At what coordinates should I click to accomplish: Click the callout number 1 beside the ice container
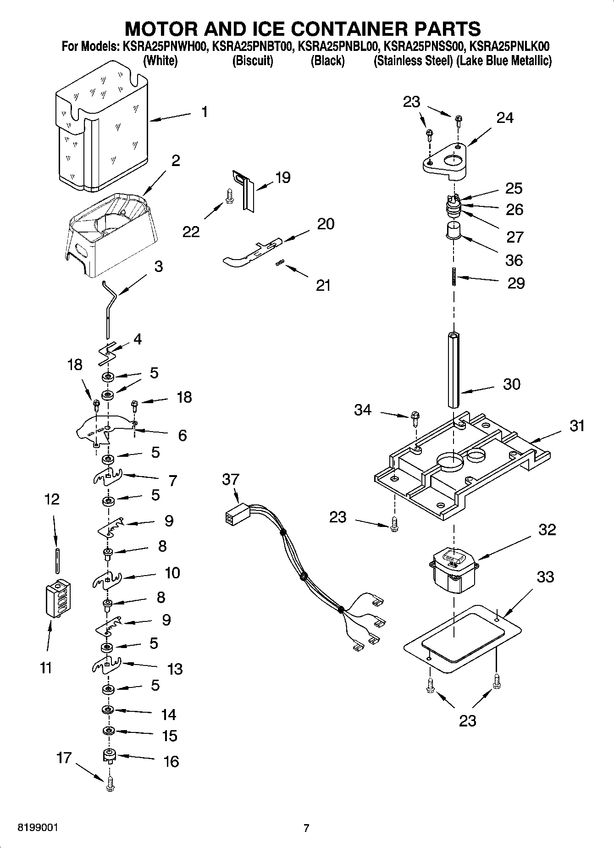click(205, 111)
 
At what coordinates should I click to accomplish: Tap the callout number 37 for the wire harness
click(230, 480)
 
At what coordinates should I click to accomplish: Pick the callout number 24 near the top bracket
click(504, 118)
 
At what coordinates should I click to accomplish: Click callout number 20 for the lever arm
click(326, 224)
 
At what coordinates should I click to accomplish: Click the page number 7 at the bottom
click(306, 828)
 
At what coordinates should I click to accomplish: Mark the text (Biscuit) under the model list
click(253, 61)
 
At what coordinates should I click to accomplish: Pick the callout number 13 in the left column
click(175, 669)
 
